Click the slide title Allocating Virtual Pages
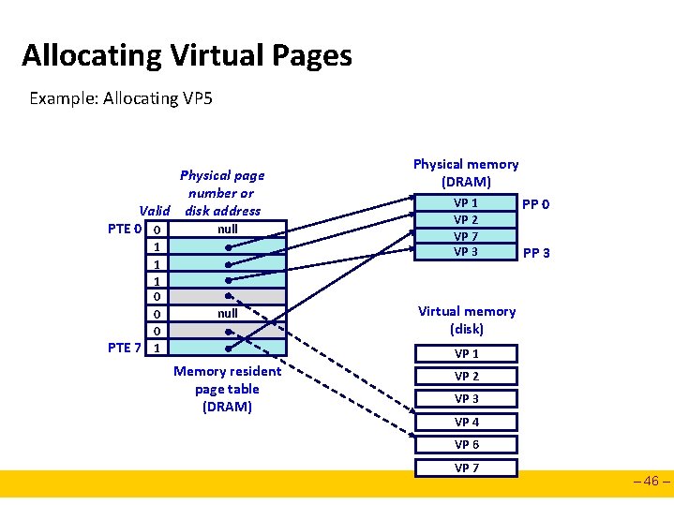coord(187,55)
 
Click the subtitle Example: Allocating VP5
coord(121,97)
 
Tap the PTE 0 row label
coord(125,230)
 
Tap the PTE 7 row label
coord(125,348)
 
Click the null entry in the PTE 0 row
coord(227,229)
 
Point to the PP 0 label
coord(536,204)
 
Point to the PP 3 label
coord(536,253)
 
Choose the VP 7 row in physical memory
coord(466,236)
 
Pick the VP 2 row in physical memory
coord(466,220)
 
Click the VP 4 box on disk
coord(466,422)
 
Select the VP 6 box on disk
coord(466,444)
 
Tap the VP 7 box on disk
coord(466,468)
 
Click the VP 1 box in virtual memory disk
coord(466,353)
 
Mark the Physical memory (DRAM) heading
coord(466,172)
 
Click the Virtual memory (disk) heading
coord(466,319)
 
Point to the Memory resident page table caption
coord(227,389)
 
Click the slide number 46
coord(652,483)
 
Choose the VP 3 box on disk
coord(466,398)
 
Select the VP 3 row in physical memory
coord(466,252)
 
